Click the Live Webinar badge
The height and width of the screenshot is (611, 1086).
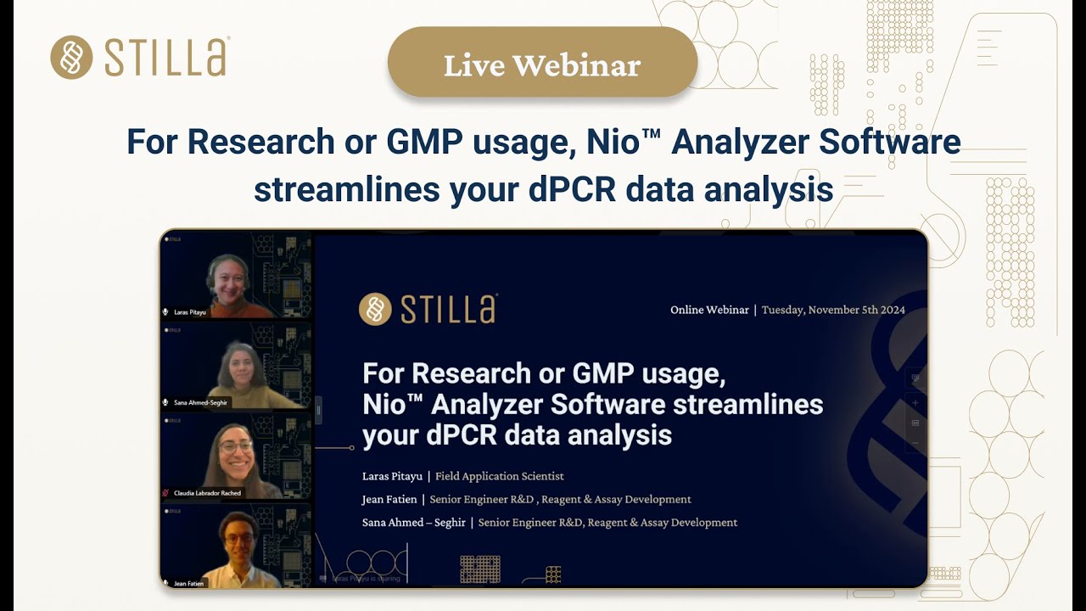[542, 64]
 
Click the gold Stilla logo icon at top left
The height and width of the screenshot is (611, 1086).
[71, 57]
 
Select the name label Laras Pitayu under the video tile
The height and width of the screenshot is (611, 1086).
[190, 312]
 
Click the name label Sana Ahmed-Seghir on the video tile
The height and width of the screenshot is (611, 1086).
[200, 402]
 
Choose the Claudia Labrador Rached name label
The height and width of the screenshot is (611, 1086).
[207, 493]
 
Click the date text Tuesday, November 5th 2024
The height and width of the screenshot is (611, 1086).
[833, 310]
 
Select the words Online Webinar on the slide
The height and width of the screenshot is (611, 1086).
[709, 310]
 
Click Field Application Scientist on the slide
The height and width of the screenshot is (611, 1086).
[500, 476]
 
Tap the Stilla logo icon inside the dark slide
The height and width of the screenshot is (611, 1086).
[375, 309]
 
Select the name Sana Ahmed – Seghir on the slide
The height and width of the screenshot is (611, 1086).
[414, 523]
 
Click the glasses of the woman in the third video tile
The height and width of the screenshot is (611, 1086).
[235, 446]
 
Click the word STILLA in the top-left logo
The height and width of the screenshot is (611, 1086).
[166, 58]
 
